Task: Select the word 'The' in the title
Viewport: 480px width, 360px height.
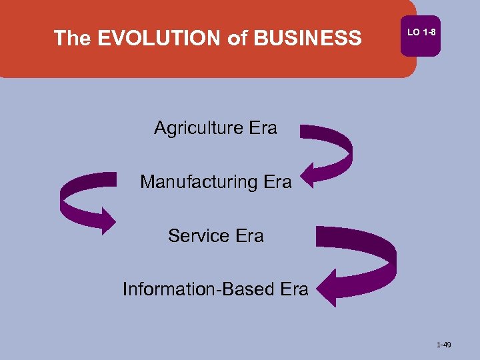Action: point(72,38)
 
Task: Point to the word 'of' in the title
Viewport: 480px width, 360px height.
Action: point(237,38)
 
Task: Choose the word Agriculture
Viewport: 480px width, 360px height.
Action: point(196,128)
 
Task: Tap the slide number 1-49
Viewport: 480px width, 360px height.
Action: point(444,345)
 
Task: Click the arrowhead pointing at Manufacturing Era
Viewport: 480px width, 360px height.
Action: point(313,171)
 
